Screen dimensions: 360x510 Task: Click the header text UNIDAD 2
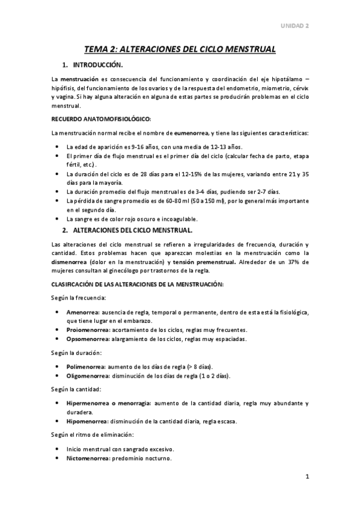(294, 26)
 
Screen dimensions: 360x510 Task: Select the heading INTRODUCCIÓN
(97, 64)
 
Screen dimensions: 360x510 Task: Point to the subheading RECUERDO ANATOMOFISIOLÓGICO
(100, 118)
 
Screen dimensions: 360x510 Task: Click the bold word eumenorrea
(186, 132)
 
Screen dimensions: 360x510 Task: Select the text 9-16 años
(135, 147)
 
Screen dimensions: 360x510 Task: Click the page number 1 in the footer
(307, 478)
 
